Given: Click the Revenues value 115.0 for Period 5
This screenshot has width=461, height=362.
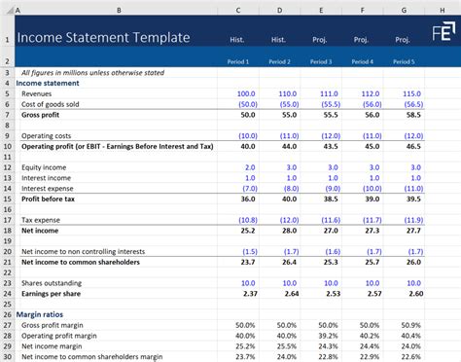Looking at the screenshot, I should pos(411,93).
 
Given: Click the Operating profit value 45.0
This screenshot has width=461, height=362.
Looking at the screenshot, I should pos(371,146).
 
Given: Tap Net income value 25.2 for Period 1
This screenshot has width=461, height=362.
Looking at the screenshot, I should pos(246,230).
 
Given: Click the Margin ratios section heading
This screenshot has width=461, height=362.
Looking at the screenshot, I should pos(40,313).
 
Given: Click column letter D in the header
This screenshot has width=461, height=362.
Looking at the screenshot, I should pos(279,11).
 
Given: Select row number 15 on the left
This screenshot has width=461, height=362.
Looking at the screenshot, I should pos(7,199).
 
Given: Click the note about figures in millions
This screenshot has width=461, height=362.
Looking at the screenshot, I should pos(86,72).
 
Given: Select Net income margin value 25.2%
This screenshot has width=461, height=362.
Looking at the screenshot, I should pos(245,344).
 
